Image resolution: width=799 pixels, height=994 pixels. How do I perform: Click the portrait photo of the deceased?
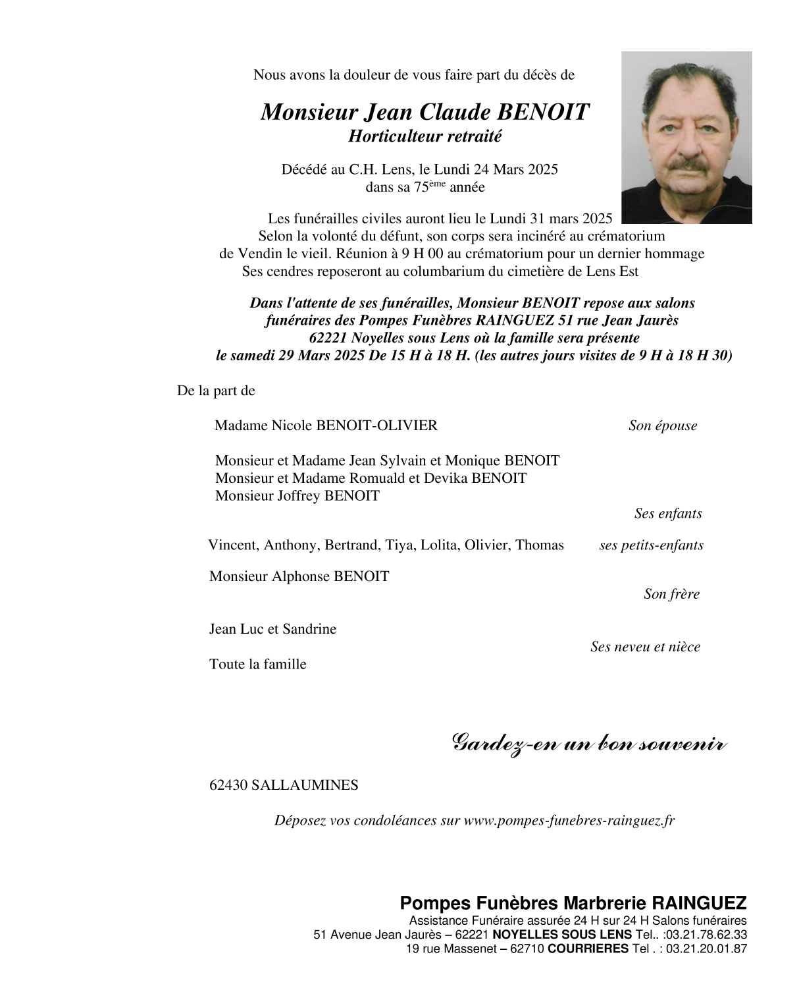pyautogui.click(x=686, y=138)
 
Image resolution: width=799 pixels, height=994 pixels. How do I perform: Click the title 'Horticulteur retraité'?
pyautogui.click(x=425, y=136)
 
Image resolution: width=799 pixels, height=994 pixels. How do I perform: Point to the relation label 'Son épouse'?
pyautogui.click(x=662, y=426)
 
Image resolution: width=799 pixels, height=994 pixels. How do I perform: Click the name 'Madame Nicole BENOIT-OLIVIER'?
pyautogui.click(x=326, y=426)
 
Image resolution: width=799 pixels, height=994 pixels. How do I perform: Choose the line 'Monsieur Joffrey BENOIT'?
pyautogui.click(x=297, y=496)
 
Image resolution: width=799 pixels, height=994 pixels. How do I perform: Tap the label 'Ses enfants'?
pyautogui.click(x=668, y=514)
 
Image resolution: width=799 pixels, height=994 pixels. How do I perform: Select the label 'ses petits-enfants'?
pyautogui.click(x=651, y=545)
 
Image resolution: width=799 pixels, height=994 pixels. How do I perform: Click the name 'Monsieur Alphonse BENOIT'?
pyautogui.click(x=299, y=576)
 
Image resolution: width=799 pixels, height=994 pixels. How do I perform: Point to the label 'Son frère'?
pyautogui.click(x=671, y=594)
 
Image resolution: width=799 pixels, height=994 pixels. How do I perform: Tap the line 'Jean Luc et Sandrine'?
pyautogui.click(x=272, y=629)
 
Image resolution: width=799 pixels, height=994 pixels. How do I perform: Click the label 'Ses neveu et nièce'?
pyautogui.click(x=645, y=647)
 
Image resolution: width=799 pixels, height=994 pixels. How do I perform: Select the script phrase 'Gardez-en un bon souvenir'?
pyautogui.click(x=589, y=744)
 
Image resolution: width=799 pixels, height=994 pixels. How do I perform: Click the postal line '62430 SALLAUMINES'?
pyautogui.click(x=284, y=785)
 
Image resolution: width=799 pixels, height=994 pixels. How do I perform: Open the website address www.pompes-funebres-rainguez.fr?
pyautogui.click(x=569, y=821)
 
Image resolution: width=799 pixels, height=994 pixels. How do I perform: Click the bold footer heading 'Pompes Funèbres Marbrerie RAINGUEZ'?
pyautogui.click(x=573, y=902)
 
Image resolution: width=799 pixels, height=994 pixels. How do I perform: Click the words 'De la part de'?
pyautogui.click(x=216, y=391)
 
